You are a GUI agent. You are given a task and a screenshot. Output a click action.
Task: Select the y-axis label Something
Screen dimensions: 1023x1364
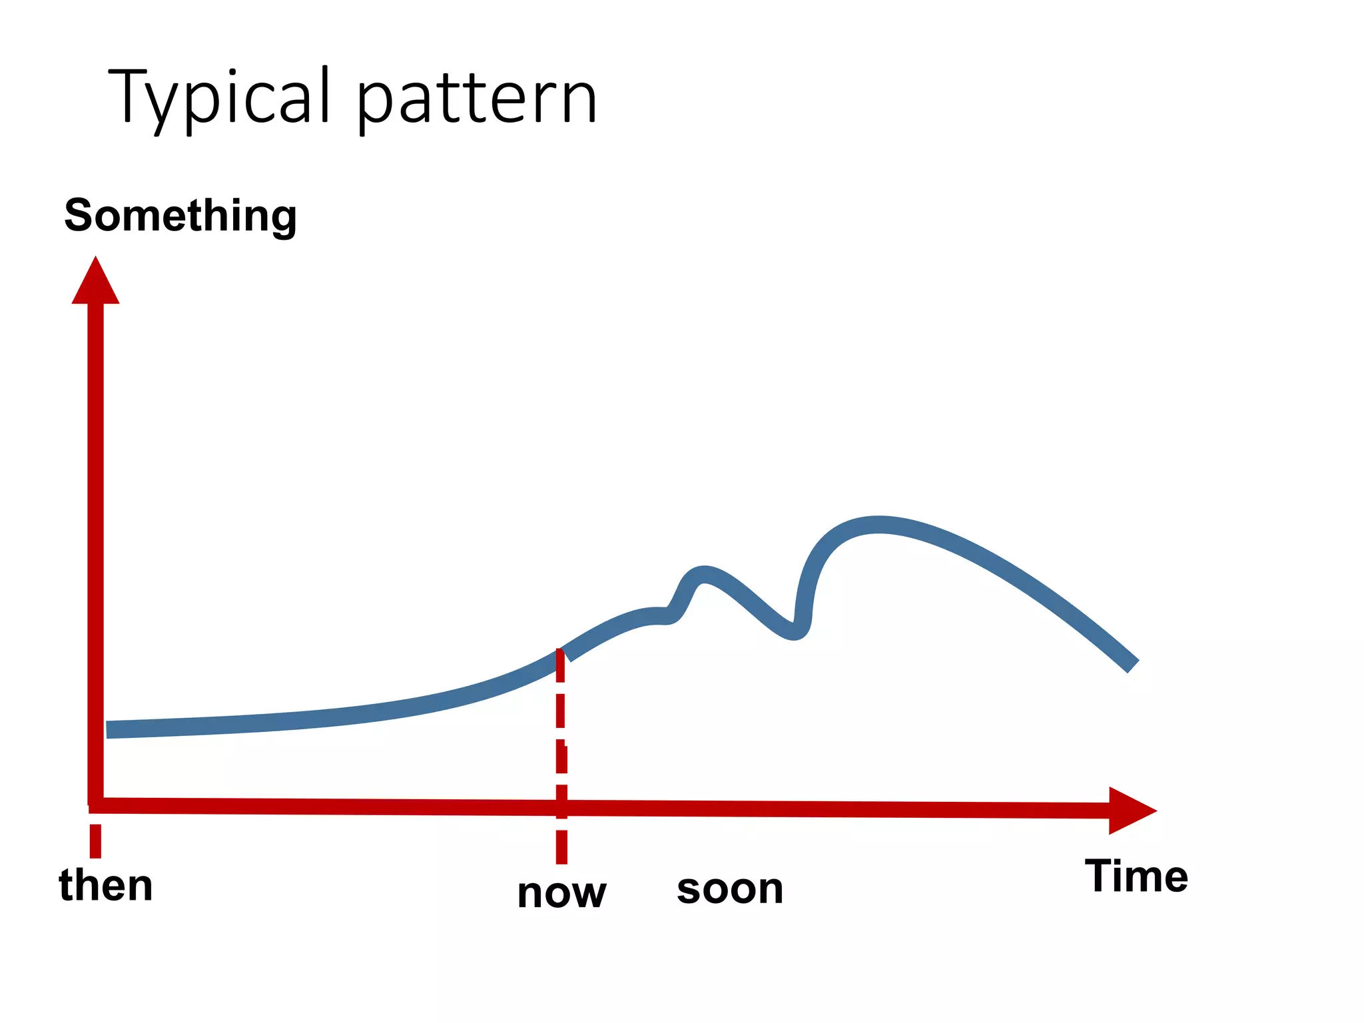[180, 216]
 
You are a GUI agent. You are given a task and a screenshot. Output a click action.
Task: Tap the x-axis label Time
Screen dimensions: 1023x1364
[1136, 876]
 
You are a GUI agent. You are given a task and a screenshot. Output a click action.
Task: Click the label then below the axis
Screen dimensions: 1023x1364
[106, 886]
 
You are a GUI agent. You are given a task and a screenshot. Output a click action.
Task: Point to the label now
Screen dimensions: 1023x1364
[561, 893]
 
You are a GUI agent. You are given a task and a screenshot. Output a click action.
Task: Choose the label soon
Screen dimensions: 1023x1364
[730, 888]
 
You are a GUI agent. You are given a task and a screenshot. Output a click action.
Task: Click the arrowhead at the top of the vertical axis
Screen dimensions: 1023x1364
[95, 282]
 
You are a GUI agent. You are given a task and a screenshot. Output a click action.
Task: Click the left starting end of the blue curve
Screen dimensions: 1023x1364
[111, 729]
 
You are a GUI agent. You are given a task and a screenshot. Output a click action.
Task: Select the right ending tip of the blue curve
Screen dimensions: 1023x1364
[1131, 665]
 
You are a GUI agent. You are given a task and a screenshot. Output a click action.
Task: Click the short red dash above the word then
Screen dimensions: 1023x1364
[95, 841]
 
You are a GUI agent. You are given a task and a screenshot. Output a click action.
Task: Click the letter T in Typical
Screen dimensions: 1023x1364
[133, 97]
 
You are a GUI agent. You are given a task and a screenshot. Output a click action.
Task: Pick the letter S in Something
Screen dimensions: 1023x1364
[79, 216]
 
